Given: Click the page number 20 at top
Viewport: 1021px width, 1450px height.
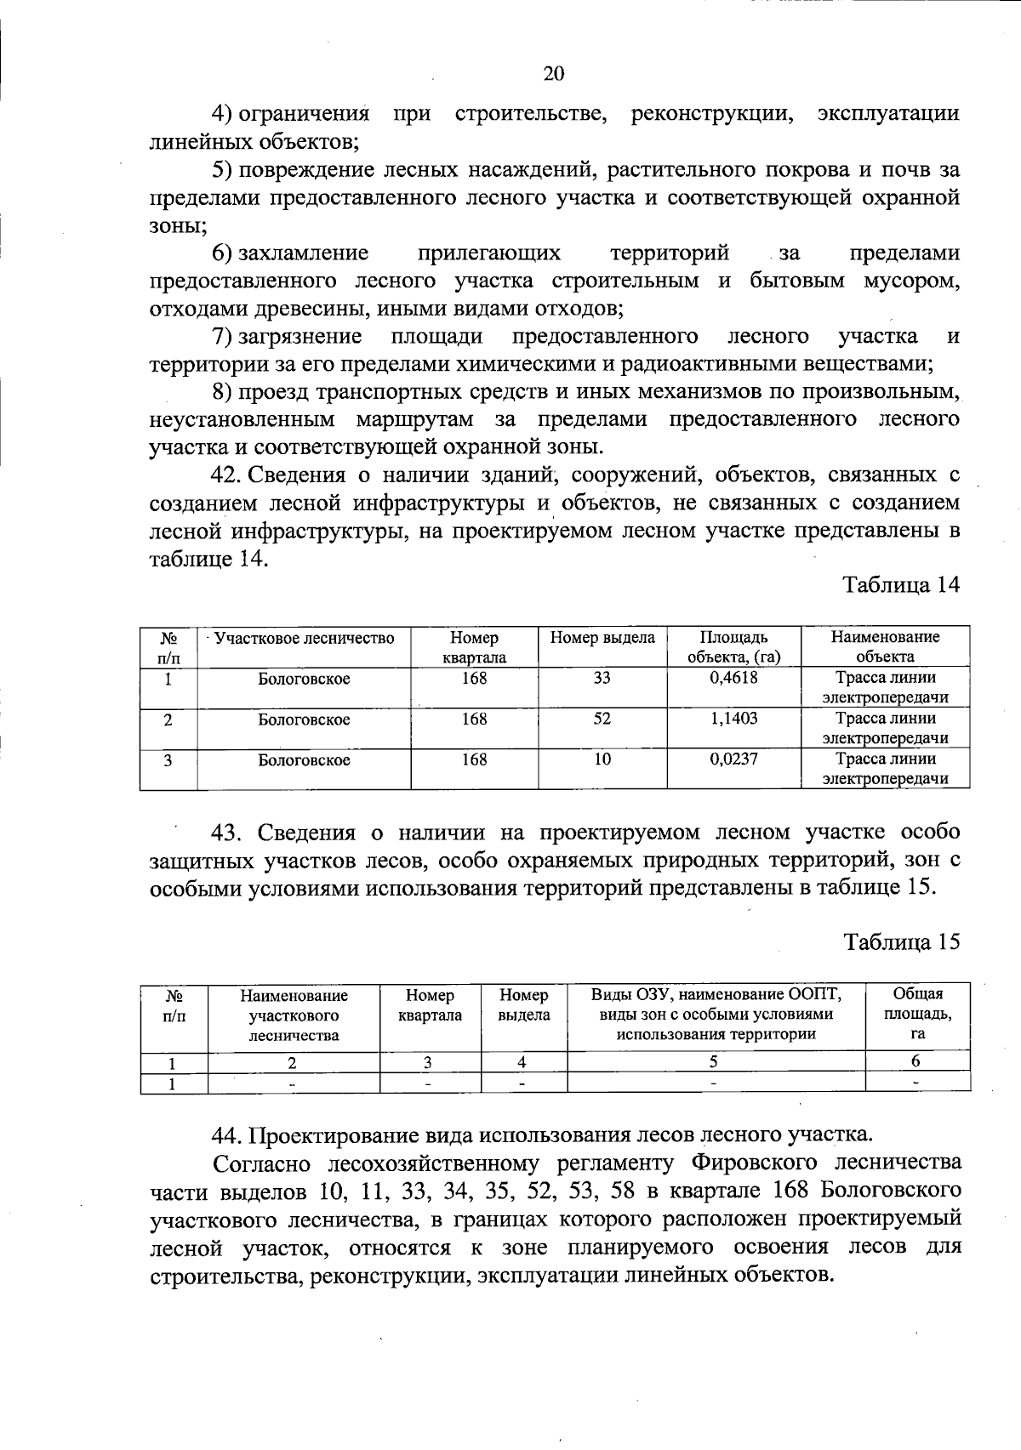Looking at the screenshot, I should point(553,74).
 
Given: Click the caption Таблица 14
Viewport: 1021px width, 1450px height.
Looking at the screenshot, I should point(901,585).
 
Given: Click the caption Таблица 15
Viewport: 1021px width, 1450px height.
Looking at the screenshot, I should point(901,941).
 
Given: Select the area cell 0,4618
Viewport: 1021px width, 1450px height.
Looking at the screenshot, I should point(733,678).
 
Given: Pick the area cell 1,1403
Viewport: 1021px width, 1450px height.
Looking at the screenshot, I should point(733,719).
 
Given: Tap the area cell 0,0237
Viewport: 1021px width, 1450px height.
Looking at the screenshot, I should point(733,759).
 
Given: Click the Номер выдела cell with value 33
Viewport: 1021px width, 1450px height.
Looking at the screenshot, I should point(602,678).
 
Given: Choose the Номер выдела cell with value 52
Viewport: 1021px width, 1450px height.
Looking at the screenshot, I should point(602,719).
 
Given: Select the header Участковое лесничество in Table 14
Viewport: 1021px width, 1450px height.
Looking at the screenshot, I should point(304,638).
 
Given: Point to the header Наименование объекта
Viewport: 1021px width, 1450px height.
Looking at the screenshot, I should point(885,646).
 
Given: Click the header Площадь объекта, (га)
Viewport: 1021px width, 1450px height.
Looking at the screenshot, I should point(733,646).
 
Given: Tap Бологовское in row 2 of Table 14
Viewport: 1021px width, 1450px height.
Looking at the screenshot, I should point(304,719).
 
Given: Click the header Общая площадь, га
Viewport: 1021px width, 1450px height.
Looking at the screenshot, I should point(917,1014).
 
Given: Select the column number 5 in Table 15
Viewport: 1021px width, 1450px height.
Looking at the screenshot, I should point(715,1061).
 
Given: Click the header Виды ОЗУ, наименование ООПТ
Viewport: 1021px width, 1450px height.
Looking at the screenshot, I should point(716,995).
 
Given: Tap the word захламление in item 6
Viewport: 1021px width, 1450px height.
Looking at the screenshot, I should point(303,253).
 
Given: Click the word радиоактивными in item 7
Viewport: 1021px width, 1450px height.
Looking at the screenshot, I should point(716,364).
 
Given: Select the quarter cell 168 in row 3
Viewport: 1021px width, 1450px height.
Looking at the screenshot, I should point(474,759).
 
